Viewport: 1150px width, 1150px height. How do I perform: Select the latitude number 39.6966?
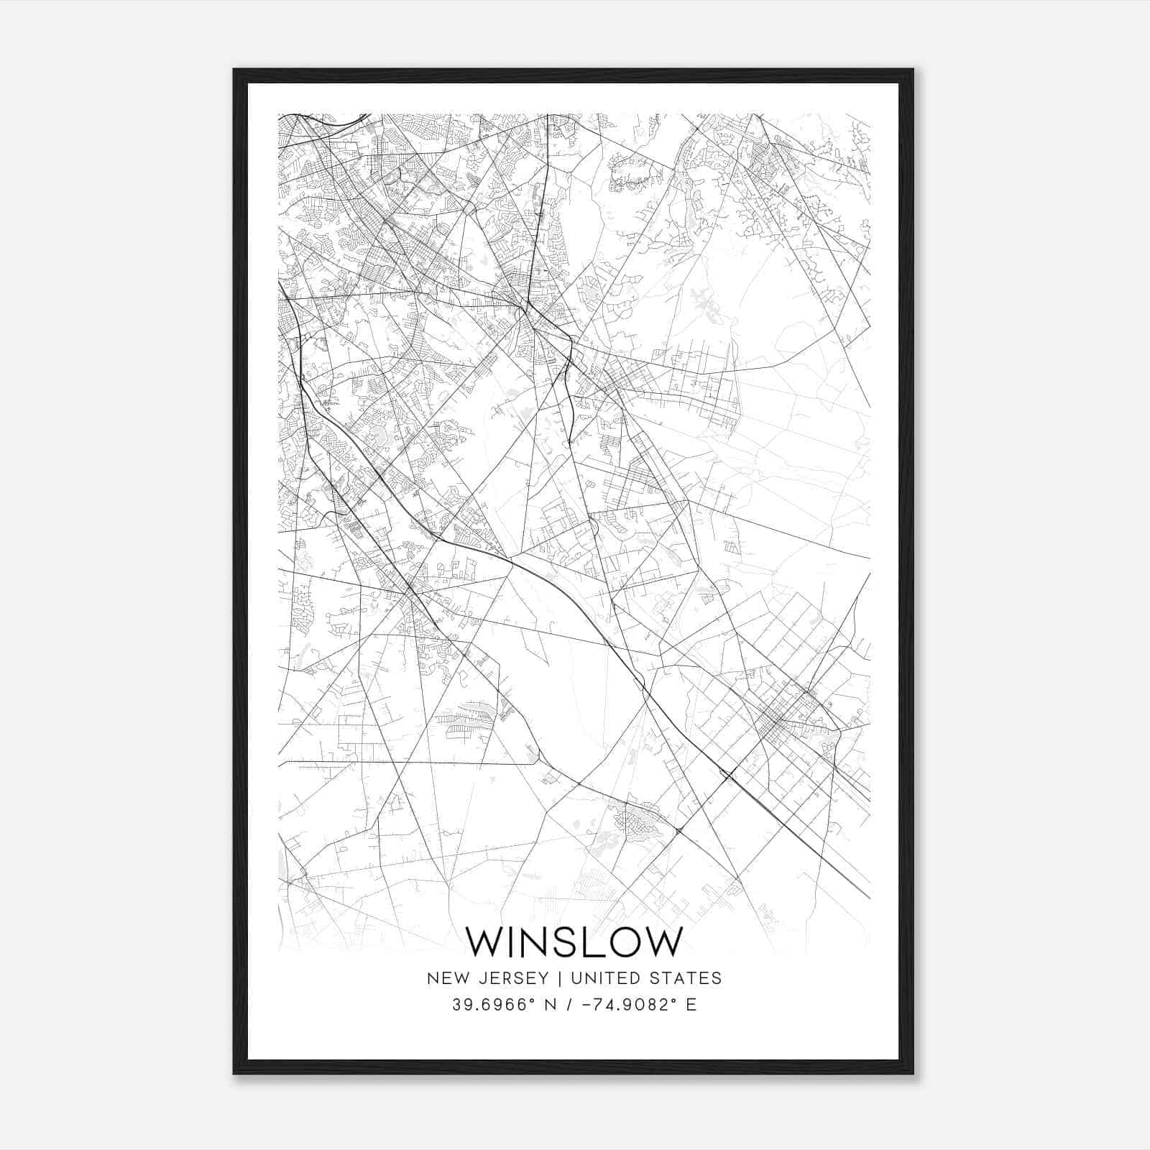(487, 1005)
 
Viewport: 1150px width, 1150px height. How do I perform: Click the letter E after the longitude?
(691, 1005)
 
